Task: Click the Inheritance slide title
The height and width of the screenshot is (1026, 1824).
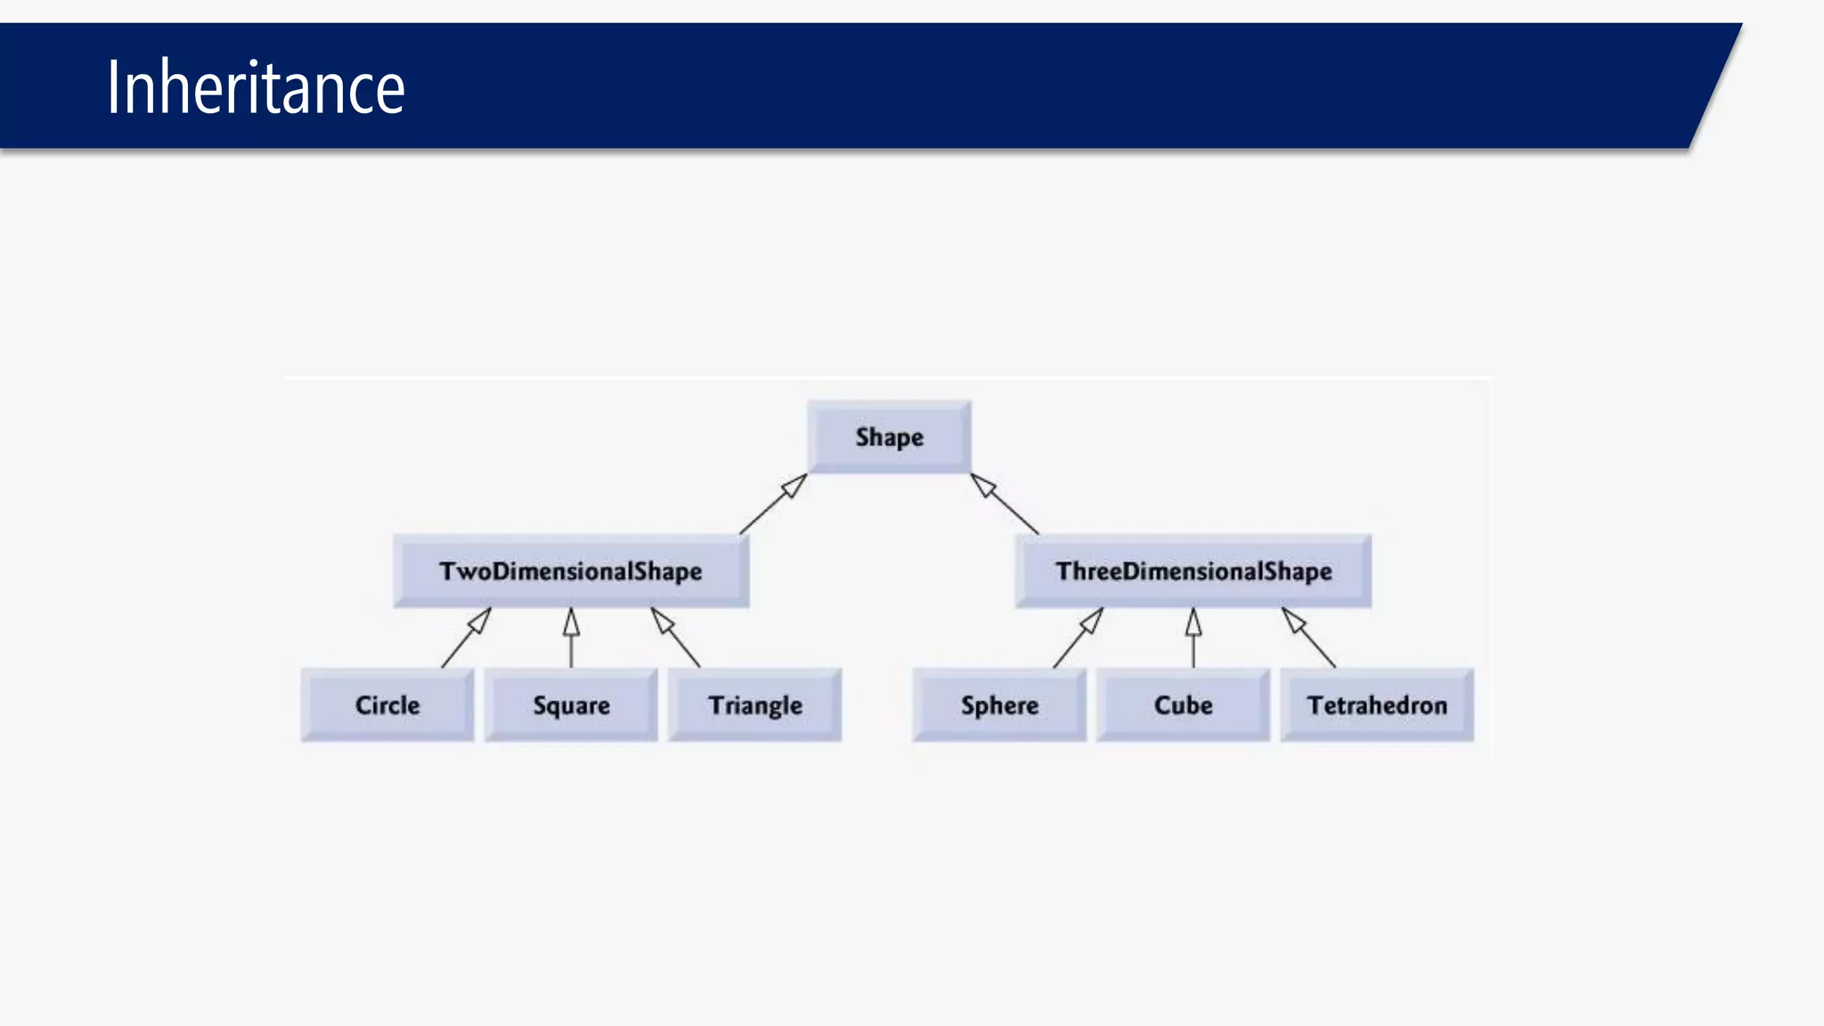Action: (x=256, y=87)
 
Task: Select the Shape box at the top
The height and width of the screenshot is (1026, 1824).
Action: (x=889, y=436)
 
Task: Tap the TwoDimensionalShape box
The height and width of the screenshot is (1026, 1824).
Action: (x=571, y=571)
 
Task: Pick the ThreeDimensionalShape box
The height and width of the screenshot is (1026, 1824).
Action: (x=1193, y=571)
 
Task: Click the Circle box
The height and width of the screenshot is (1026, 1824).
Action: (x=387, y=704)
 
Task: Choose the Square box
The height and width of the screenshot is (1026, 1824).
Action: (x=571, y=704)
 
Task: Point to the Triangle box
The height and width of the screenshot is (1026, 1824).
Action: (x=755, y=704)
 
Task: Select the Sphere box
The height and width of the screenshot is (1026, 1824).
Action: (x=999, y=704)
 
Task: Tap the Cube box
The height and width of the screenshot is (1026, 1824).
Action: (x=1183, y=704)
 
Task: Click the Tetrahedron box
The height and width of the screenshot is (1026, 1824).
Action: (x=1377, y=704)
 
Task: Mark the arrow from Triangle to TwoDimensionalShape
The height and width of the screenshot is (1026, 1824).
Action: (x=679, y=641)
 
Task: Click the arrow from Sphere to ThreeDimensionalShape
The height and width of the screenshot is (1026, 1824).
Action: (x=1075, y=641)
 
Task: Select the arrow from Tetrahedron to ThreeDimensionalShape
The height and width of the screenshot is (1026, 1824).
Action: (x=1312, y=641)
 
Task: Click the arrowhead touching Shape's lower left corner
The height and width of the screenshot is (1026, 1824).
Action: (x=794, y=485)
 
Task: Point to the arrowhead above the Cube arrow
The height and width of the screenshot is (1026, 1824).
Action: (x=1193, y=623)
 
